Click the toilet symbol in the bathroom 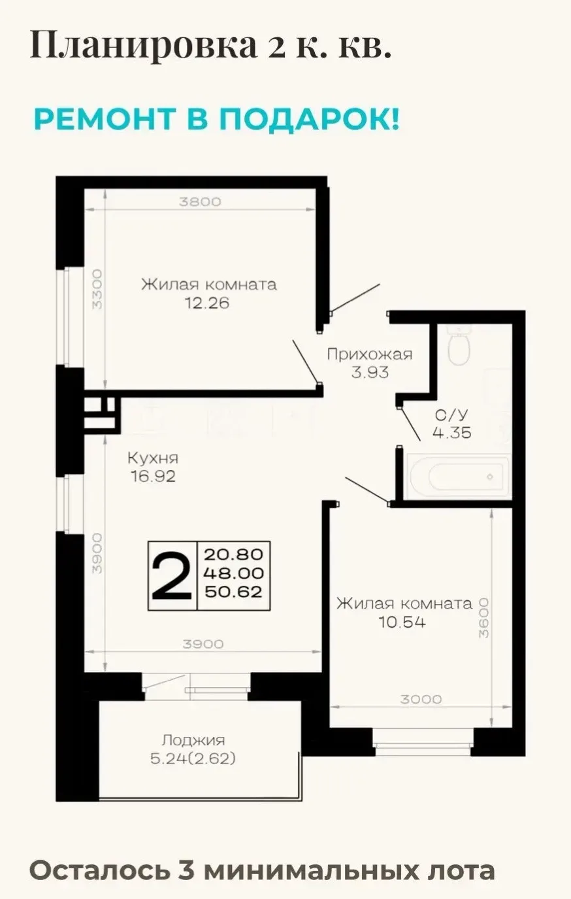(x=459, y=345)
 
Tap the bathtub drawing (x=458, y=477)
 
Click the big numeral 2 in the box (x=172, y=576)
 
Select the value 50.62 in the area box (x=234, y=592)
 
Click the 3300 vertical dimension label (x=97, y=289)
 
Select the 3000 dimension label (x=421, y=700)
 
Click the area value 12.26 (x=207, y=303)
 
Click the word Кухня (x=153, y=458)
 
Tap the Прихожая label (x=370, y=354)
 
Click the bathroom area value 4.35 (x=451, y=433)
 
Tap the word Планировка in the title (x=143, y=45)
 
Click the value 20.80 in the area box (x=234, y=554)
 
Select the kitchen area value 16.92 (x=153, y=477)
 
